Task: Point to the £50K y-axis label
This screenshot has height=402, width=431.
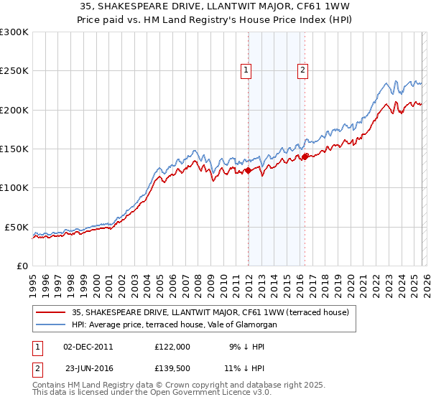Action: click(x=17, y=227)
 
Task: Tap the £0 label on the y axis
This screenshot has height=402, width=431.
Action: click(x=22, y=266)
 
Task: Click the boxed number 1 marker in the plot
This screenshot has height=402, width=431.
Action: click(x=246, y=70)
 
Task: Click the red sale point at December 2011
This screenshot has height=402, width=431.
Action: click(x=248, y=171)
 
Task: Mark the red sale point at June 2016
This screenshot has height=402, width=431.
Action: click(x=305, y=156)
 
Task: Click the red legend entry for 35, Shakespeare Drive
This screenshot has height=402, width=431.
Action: click(x=210, y=312)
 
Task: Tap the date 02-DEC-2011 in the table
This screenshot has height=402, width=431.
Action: click(x=88, y=346)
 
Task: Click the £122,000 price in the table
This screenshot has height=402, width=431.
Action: click(x=172, y=346)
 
